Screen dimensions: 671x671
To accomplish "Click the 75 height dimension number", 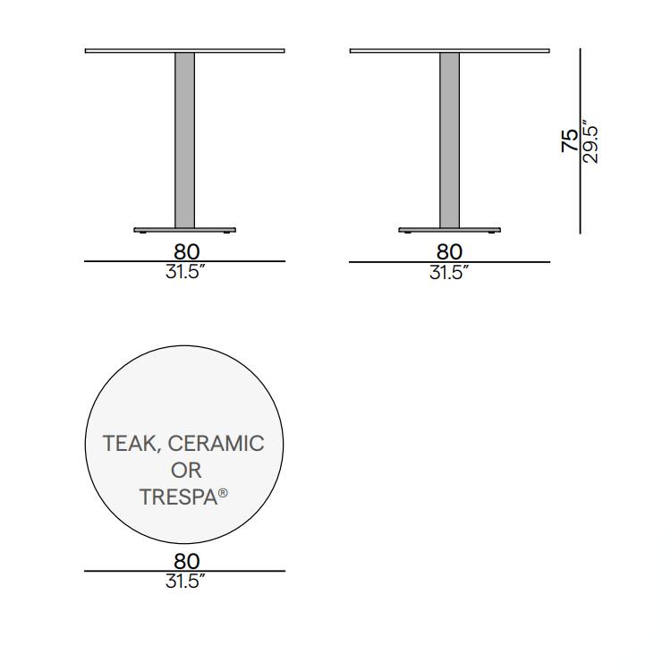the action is (570, 140).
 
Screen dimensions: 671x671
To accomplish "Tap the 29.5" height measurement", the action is (590, 141).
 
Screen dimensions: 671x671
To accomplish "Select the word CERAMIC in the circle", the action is (217, 443).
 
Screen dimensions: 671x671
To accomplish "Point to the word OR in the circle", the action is (186, 471).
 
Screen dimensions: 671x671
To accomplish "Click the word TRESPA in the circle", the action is (178, 497).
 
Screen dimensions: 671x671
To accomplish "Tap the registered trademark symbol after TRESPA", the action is (223, 493).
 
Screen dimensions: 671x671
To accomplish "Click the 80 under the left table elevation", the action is (187, 251).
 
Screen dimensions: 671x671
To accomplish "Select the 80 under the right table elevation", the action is (449, 251).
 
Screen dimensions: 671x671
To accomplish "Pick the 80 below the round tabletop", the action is (187, 561).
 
